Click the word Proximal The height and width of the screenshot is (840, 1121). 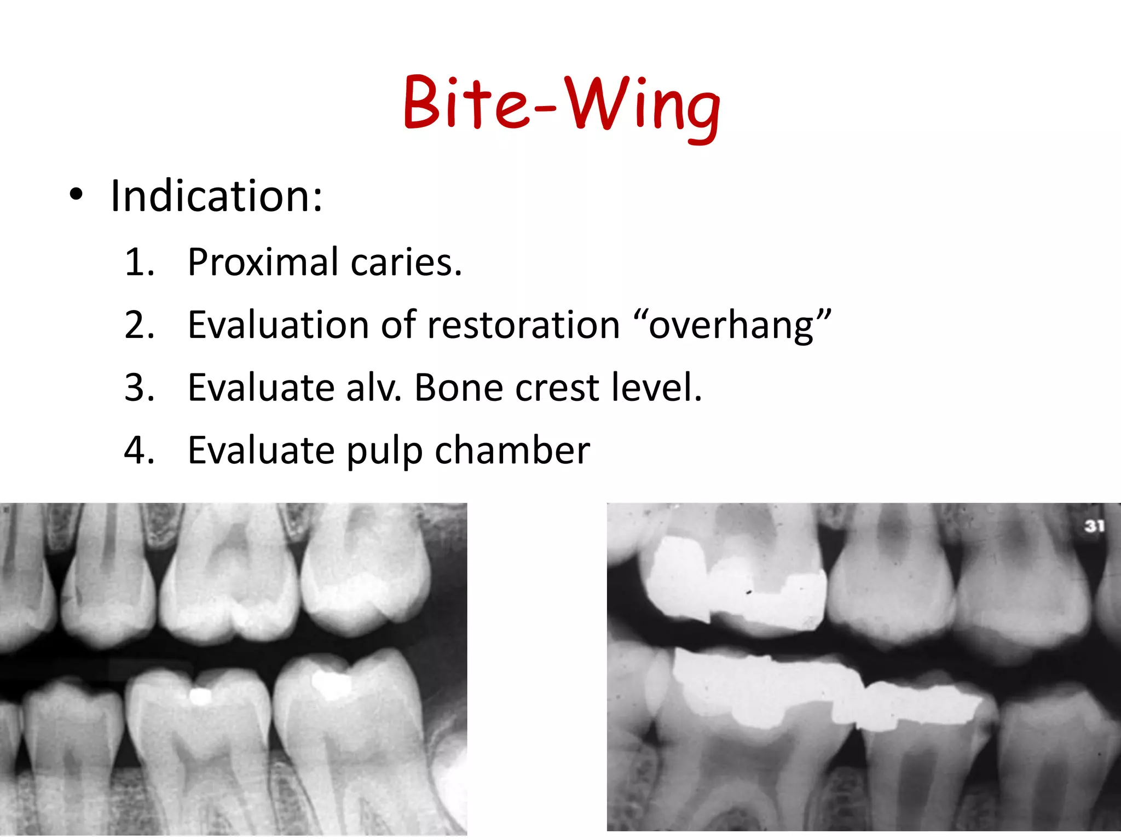[263, 262]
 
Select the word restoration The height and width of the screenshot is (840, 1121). [523, 325]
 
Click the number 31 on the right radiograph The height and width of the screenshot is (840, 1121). [1094, 526]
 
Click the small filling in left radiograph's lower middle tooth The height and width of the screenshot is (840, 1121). [200, 696]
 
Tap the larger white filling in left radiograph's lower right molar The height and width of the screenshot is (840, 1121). [332, 685]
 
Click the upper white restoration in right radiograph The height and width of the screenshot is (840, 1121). [733, 585]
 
